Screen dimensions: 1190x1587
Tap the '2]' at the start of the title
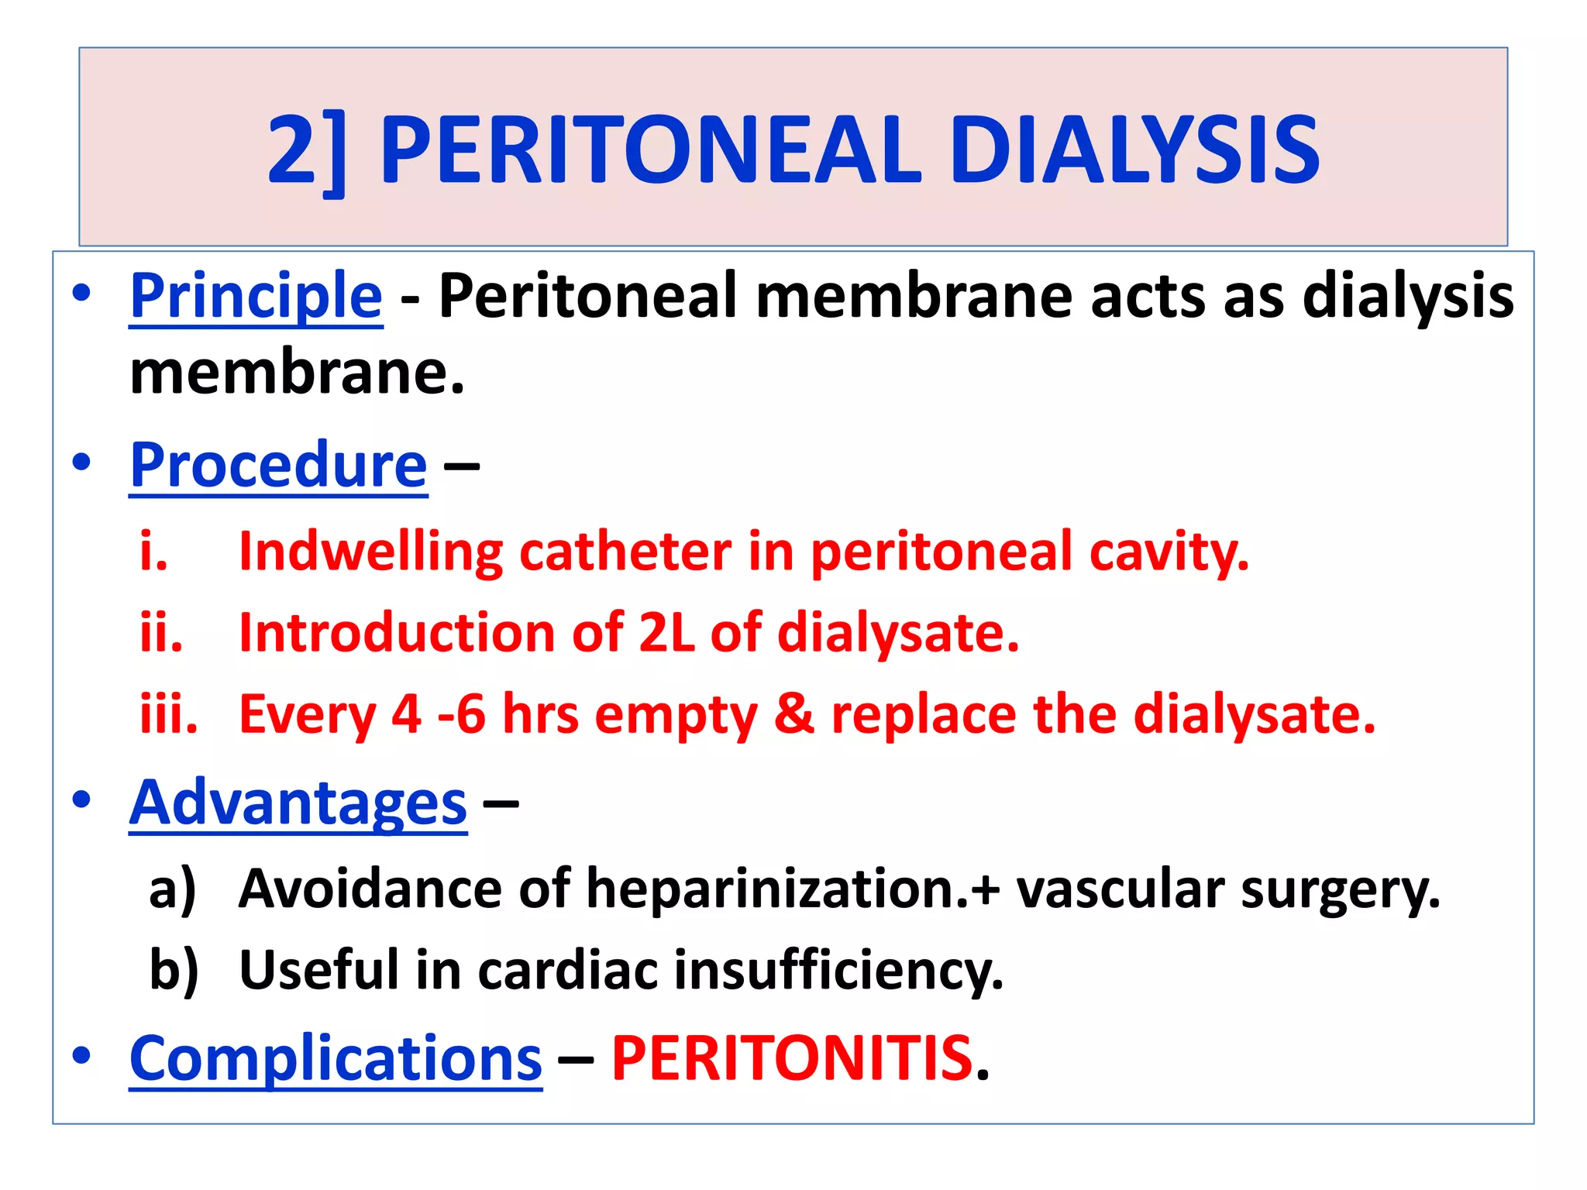click(306, 151)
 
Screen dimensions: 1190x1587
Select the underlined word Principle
click(256, 297)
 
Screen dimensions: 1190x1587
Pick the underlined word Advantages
click(298, 803)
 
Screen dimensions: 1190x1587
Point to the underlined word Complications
click(336, 1058)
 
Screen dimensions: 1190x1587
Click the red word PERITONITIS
click(792, 1058)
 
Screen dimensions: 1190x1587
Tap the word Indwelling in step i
click(370, 552)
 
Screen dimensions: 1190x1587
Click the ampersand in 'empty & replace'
click(794, 714)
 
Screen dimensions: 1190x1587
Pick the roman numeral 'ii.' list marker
click(161, 633)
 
